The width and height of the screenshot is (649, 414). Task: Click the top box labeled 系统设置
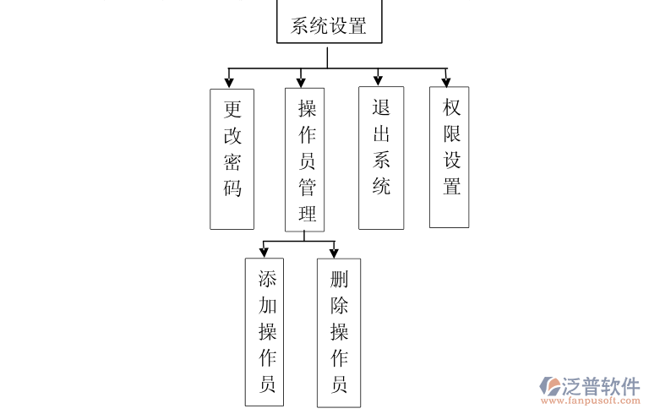[328, 23]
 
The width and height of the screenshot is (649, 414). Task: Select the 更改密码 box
[232, 158]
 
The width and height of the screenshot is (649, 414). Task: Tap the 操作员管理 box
[305, 159]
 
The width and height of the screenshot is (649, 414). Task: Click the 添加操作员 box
[267, 331]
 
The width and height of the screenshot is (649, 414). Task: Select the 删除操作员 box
[339, 331]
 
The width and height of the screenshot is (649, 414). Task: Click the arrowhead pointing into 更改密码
[229, 82]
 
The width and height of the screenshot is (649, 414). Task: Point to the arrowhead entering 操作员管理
[301, 82]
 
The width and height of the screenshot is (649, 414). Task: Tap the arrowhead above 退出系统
[379, 80]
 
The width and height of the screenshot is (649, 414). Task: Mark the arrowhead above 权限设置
[447, 80]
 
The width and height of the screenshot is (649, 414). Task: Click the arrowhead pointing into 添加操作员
[264, 253]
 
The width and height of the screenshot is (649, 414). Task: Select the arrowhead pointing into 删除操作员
[334, 253]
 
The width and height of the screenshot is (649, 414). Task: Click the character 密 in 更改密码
[232, 161]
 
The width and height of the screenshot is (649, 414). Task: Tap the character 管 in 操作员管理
[307, 187]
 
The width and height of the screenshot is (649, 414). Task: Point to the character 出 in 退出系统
[381, 133]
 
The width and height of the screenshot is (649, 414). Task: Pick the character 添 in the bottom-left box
[268, 280]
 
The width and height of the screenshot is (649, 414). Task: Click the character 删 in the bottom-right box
[340, 280]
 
